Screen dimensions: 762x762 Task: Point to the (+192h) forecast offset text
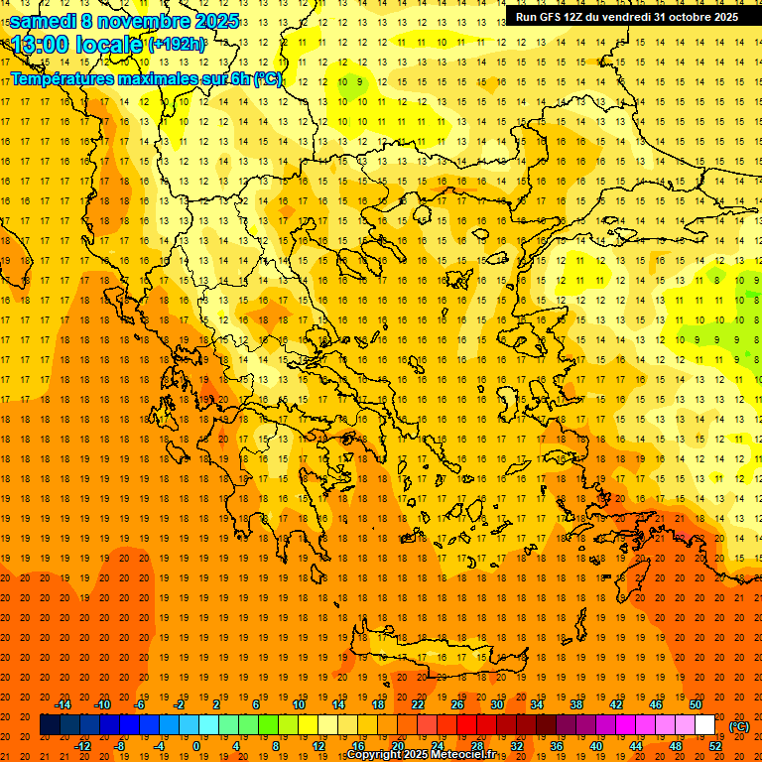point(177,45)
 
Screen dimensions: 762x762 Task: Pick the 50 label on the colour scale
point(696,704)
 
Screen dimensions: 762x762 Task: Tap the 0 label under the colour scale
point(195,746)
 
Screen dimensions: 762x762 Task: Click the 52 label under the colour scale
point(715,746)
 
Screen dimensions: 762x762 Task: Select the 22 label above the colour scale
point(418,704)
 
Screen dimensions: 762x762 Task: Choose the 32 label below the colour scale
point(517,746)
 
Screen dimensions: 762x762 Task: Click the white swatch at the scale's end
point(705,725)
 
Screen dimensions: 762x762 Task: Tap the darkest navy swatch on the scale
point(50,725)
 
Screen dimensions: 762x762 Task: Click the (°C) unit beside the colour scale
point(739,726)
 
